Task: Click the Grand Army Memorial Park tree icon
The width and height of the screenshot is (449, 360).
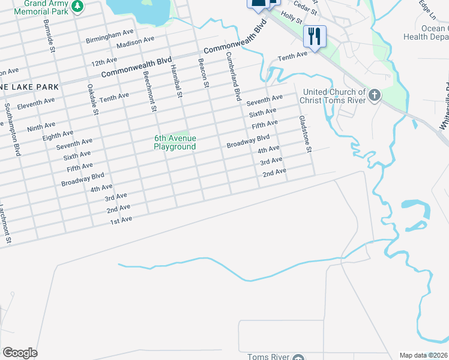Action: (x=77, y=6)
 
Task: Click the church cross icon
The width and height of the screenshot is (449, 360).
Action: (x=375, y=95)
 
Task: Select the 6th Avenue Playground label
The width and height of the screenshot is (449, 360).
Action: (x=175, y=143)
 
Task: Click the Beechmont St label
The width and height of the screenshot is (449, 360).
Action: (x=149, y=92)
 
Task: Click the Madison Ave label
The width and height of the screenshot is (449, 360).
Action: (x=135, y=43)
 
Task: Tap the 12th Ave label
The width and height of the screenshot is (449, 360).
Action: (x=104, y=62)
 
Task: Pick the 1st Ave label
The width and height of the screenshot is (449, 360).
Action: (x=119, y=220)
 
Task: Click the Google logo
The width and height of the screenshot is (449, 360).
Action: (x=20, y=353)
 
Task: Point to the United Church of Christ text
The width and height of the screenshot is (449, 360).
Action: (x=332, y=96)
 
